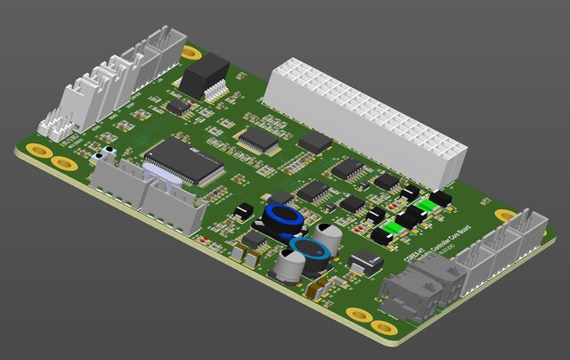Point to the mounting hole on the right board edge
tap(505, 216)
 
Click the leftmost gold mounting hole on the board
tap(37, 150)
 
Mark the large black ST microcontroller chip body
tap(183, 161)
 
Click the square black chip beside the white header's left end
tap(314, 143)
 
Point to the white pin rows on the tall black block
tap(215, 89)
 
